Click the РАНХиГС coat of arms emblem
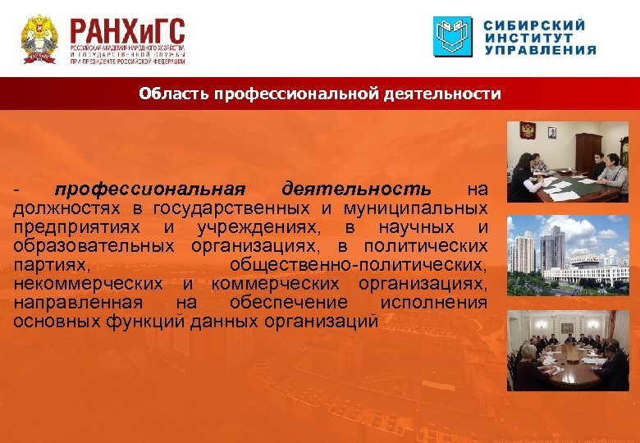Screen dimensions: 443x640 pyautogui.click(x=39, y=39)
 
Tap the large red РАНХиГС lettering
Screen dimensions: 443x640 pyautogui.click(x=127, y=33)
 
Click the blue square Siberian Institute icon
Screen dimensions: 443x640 pyautogui.click(x=453, y=37)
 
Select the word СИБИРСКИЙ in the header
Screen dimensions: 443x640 pyautogui.click(x=536, y=25)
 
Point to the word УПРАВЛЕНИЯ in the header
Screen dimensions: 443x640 pyautogui.click(x=539, y=50)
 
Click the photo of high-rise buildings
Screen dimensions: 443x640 pyautogui.click(x=567, y=255)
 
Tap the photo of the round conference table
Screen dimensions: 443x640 pyautogui.click(x=567, y=351)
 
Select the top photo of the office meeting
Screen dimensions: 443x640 pyautogui.click(x=567, y=162)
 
